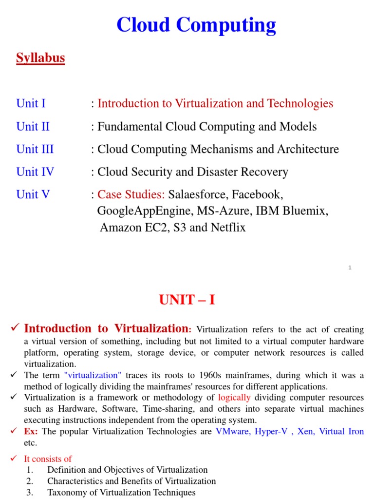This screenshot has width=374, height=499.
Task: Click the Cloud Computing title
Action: [x=196, y=25]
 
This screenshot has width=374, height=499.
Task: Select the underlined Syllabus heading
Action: [x=40, y=58]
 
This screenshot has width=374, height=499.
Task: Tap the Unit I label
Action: [x=31, y=103]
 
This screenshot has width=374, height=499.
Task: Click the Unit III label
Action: [x=35, y=149]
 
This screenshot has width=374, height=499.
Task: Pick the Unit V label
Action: [x=33, y=194]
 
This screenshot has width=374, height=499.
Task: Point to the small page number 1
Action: [x=350, y=268]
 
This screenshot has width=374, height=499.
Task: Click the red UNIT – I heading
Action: [x=187, y=300]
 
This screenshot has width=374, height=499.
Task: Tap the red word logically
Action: [x=234, y=397]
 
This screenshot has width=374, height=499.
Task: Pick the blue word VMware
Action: [x=232, y=432]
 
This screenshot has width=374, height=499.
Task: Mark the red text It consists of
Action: [x=48, y=459]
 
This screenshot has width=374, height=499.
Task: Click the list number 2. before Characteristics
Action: [x=30, y=481]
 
